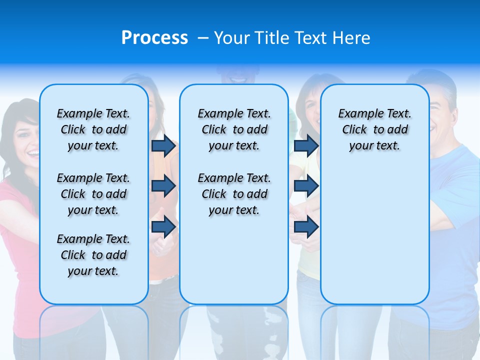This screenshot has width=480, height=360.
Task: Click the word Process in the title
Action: (154, 38)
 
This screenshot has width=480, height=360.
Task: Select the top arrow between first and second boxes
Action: (163, 146)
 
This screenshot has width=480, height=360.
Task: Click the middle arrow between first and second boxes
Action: (163, 186)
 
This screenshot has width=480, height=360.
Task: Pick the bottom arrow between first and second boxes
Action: (163, 227)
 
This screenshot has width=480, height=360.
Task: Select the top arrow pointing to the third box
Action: (306, 146)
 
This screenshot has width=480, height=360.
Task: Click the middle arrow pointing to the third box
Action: (306, 186)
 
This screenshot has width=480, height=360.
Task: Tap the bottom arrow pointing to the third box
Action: (306, 227)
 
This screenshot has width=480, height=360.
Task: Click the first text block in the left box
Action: (93, 129)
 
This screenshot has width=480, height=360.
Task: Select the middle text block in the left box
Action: (93, 194)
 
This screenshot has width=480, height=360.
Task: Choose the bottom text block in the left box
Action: (93, 255)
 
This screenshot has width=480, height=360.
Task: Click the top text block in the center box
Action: (234, 129)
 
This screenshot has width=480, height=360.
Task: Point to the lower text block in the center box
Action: (234, 194)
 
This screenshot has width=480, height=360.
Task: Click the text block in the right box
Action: (375, 129)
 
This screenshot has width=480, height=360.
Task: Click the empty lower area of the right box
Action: (375, 240)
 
